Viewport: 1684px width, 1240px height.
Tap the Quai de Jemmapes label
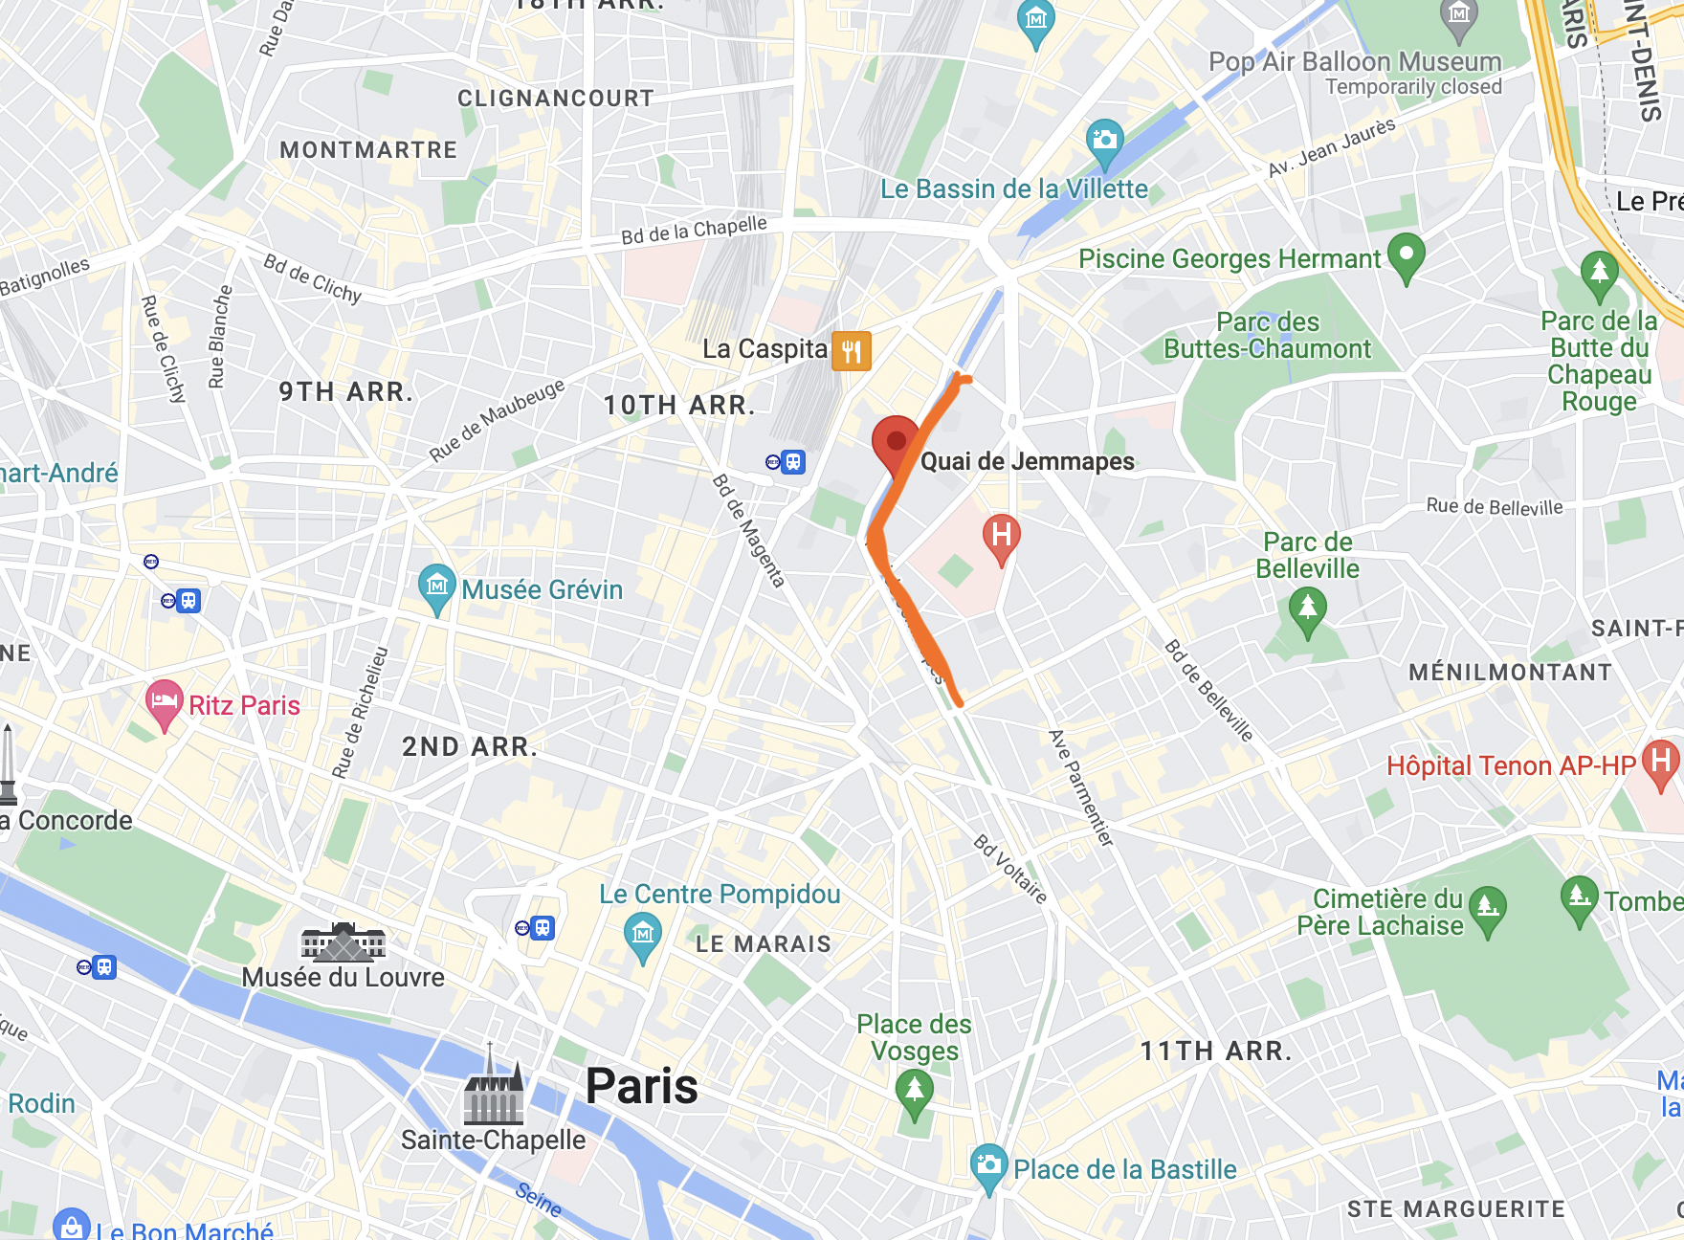tap(1027, 461)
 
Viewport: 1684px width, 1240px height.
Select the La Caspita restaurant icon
tap(851, 350)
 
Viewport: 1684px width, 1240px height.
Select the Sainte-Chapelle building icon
tap(493, 1091)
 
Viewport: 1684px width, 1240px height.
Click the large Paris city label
tap(641, 1086)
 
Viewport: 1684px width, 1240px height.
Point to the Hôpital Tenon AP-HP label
tap(1511, 765)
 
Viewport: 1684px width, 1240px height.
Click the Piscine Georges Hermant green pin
tap(1406, 255)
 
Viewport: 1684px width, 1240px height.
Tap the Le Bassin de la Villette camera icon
tap(1105, 141)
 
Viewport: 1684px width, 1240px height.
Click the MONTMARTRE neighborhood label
tap(368, 150)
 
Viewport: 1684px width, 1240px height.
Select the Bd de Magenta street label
tap(749, 530)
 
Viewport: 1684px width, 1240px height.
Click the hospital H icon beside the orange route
tap(1001, 536)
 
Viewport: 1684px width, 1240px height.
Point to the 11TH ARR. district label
tap(1215, 1051)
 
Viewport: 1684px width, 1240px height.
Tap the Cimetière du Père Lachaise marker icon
tap(1487, 906)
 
